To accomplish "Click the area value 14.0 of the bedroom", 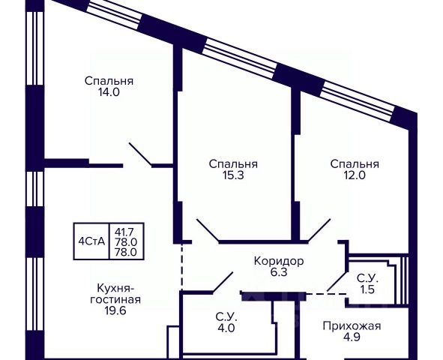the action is (x=109, y=92).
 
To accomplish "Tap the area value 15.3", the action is (x=233, y=175).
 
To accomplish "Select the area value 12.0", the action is (x=355, y=175).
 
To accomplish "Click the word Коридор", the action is (x=279, y=261).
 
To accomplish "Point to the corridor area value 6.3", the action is (x=279, y=272).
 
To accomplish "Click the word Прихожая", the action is (x=352, y=326).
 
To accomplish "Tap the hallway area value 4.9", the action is (x=352, y=337).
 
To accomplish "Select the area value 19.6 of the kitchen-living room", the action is (x=115, y=310).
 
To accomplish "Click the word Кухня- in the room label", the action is (x=115, y=289).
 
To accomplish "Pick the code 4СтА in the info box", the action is (x=91, y=241).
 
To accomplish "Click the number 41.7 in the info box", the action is (x=124, y=232).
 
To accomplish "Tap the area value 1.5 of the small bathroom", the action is (x=367, y=289).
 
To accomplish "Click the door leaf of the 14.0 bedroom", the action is (x=140, y=154).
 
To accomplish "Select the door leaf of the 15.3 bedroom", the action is (x=208, y=230).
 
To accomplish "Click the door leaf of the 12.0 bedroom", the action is (x=319, y=230).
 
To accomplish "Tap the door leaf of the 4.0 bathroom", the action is (x=223, y=282).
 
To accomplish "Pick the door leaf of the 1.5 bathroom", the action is (x=337, y=281).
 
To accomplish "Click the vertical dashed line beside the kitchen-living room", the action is (x=181, y=267).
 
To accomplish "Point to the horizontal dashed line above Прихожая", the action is (x=327, y=294).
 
